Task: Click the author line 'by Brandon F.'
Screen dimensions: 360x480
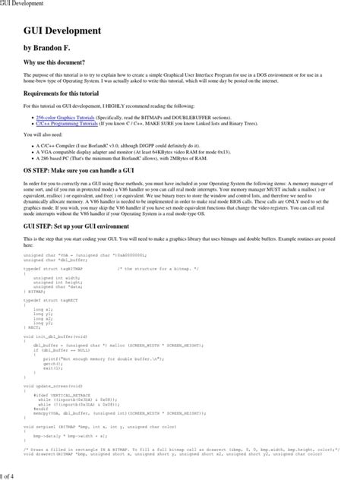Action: point(52,47)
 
